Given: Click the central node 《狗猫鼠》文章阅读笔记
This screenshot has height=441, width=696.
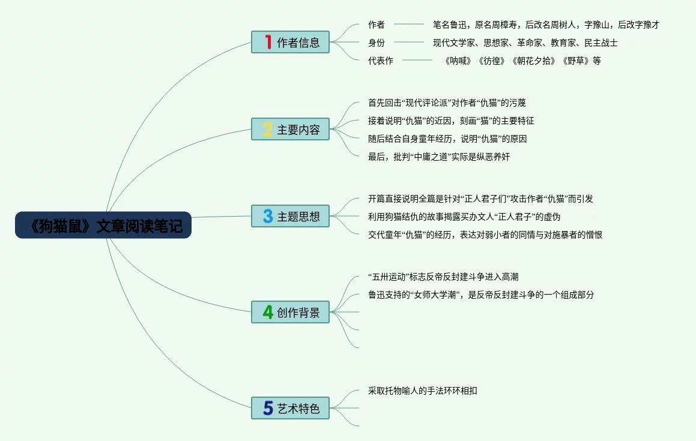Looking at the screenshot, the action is click(x=103, y=226).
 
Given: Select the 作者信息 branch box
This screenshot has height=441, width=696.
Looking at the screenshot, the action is click(x=291, y=43).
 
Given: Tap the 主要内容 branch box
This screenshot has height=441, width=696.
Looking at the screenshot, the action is click(x=291, y=130).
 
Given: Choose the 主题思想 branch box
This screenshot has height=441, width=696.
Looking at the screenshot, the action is click(x=291, y=217).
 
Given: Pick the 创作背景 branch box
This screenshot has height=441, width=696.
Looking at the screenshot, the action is click(x=291, y=312).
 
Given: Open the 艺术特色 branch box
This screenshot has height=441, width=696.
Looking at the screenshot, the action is click(x=291, y=409).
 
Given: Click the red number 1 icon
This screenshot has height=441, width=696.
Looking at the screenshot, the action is click(x=268, y=42).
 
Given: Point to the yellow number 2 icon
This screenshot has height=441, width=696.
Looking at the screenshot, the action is click(x=268, y=130).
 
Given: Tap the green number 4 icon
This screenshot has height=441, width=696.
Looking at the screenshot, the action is click(x=268, y=312).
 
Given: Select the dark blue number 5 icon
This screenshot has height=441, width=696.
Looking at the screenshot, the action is click(x=268, y=409).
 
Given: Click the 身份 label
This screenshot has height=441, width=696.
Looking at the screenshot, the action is click(x=377, y=43).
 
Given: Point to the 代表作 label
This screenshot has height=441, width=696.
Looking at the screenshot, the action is click(x=381, y=61).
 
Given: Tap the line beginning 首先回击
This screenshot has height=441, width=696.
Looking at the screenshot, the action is click(x=447, y=103).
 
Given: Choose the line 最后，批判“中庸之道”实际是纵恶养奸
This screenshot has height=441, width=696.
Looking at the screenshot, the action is click(x=439, y=157).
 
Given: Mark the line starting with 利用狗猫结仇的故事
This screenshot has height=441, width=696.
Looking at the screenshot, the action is click(x=464, y=217).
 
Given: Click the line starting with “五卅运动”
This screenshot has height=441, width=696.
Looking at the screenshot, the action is click(x=443, y=277).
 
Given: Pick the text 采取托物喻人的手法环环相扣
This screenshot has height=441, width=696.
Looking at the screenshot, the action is click(x=423, y=391).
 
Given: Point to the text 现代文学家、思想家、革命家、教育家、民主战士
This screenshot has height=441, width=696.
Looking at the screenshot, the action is click(x=525, y=43).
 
